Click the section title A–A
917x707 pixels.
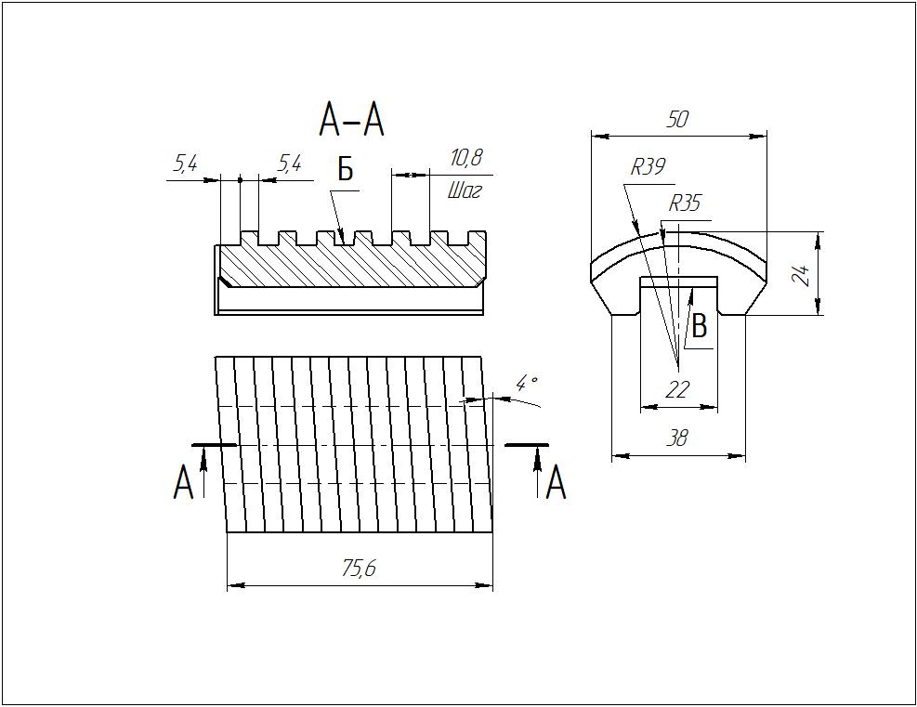point(351,120)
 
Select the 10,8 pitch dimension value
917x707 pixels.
point(466,159)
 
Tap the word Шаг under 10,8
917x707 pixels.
point(465,191)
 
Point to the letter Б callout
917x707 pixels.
point(345,170)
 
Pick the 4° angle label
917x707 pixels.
point(528,383)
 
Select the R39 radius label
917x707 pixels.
point(648,167)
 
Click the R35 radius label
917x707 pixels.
point(685,203)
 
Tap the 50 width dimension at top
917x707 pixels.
point(678,119)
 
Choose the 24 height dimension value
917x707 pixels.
point(805,275)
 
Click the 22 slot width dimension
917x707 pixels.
point(678,390)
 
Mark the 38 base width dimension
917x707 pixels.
point(678,439)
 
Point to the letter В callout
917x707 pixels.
point(701,326)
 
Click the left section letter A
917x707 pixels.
point(184,483)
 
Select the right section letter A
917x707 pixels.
point(556,483)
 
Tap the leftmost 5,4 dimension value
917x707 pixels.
point(186,164)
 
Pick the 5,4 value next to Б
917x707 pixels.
point(290,164)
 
